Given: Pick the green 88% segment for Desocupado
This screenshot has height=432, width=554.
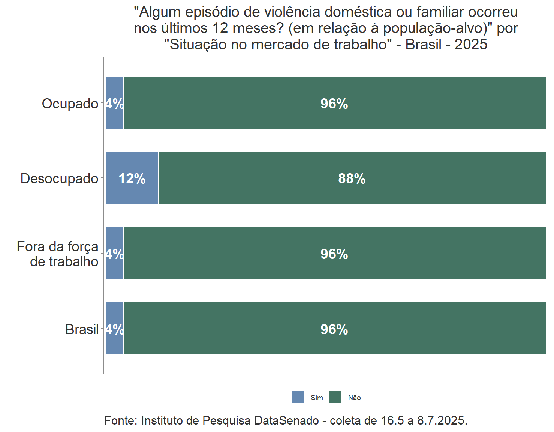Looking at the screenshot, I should coord(352,191).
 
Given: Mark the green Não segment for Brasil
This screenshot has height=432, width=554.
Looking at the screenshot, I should coord(334,341).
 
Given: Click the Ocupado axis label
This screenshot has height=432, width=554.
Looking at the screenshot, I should coord(70,103).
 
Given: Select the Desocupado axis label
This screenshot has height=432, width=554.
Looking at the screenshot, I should coord(59,178).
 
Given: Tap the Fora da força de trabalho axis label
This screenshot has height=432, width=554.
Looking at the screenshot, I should coord(58,254).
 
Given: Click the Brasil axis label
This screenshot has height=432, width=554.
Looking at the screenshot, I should coord(82,329).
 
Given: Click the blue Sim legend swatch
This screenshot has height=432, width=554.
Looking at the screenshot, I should coord(298,397).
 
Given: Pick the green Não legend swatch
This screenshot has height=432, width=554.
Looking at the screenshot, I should coord(335,397).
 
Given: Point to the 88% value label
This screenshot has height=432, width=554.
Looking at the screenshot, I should coord(352,178).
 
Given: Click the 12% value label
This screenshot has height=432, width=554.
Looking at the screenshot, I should coord(132,179).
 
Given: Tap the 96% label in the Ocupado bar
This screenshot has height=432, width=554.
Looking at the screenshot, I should coord(334,103).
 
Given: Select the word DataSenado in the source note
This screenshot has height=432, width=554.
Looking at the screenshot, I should coord(286,420).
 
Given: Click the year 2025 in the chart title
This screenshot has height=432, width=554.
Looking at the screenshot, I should coord(471,44).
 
